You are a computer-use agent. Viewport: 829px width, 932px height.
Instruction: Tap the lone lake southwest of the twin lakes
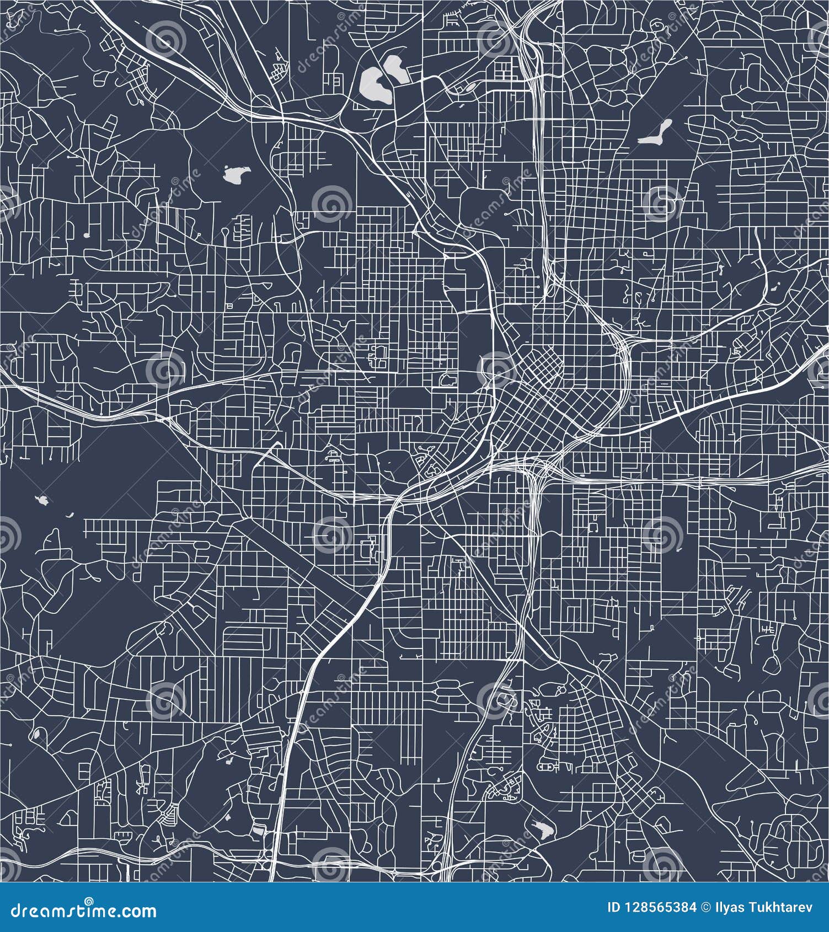(235, 176)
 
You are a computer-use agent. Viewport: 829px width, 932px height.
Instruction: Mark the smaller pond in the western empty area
(69, 517)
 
